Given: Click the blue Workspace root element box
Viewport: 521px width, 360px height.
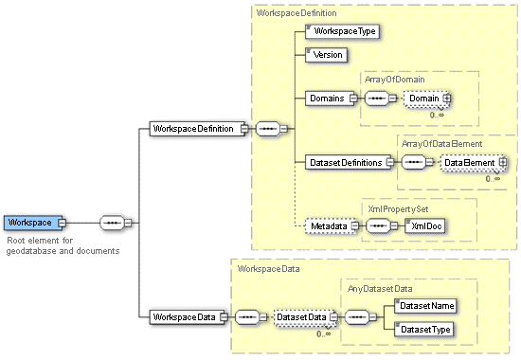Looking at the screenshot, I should tap(31, 223).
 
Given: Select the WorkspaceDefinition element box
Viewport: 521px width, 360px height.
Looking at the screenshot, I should tap(194, 128).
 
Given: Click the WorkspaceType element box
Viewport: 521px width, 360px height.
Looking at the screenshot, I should tap(344, 31).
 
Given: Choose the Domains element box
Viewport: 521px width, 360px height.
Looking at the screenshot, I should tap(327, 98).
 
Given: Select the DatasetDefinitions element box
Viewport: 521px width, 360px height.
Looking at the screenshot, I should tap(345, 162).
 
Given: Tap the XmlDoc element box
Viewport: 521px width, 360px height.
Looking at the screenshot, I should tap(424, 226).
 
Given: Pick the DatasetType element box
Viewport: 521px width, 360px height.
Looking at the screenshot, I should tap(424, 329).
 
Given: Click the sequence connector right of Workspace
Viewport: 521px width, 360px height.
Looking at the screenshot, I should tap(114, 223).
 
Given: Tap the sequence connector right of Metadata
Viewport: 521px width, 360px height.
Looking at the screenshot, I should tap(381, 226).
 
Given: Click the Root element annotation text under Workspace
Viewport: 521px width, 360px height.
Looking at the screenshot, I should tap(63, 246).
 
